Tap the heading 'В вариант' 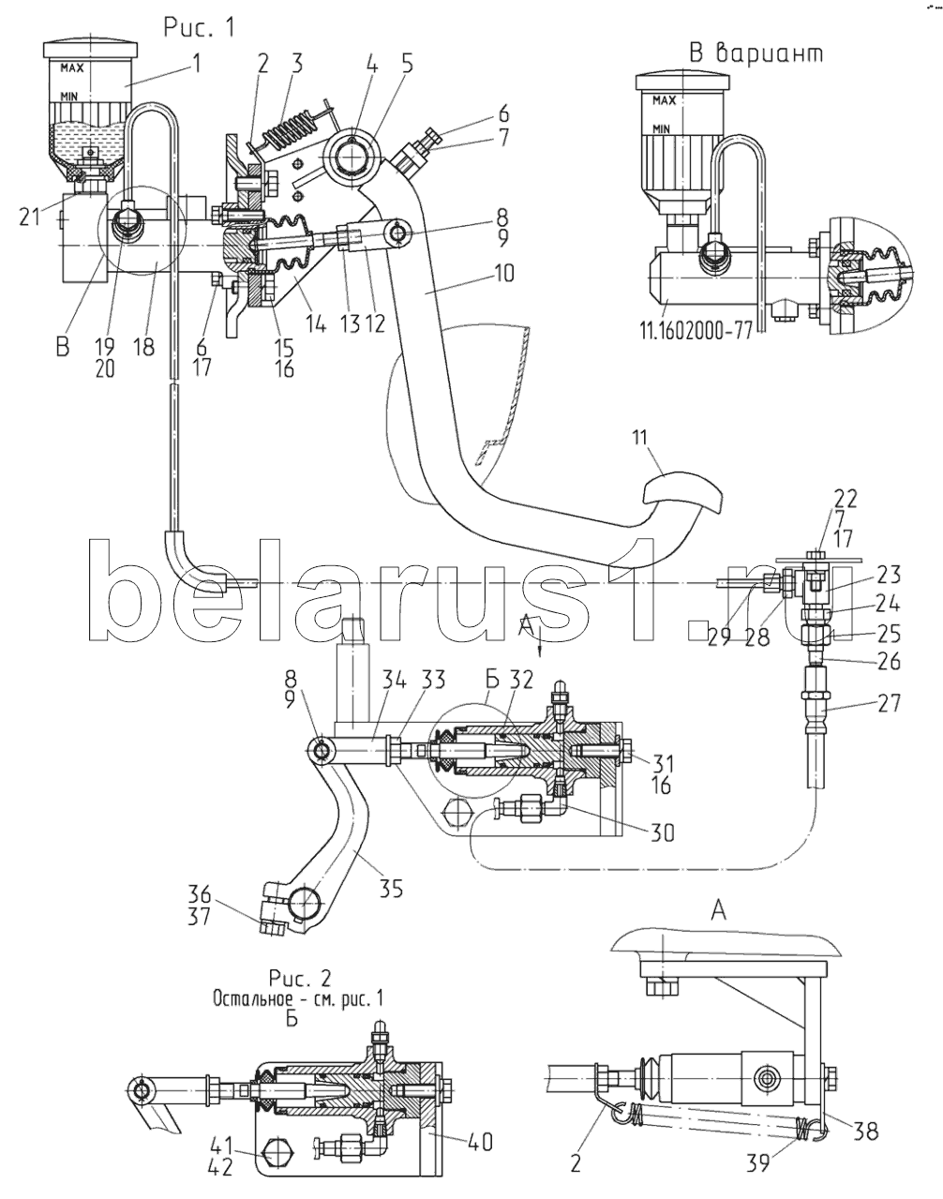click(756, 53)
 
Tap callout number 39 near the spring click(758, 1163)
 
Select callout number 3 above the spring click(296, 66)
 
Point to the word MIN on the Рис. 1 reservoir click(69, 96)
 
